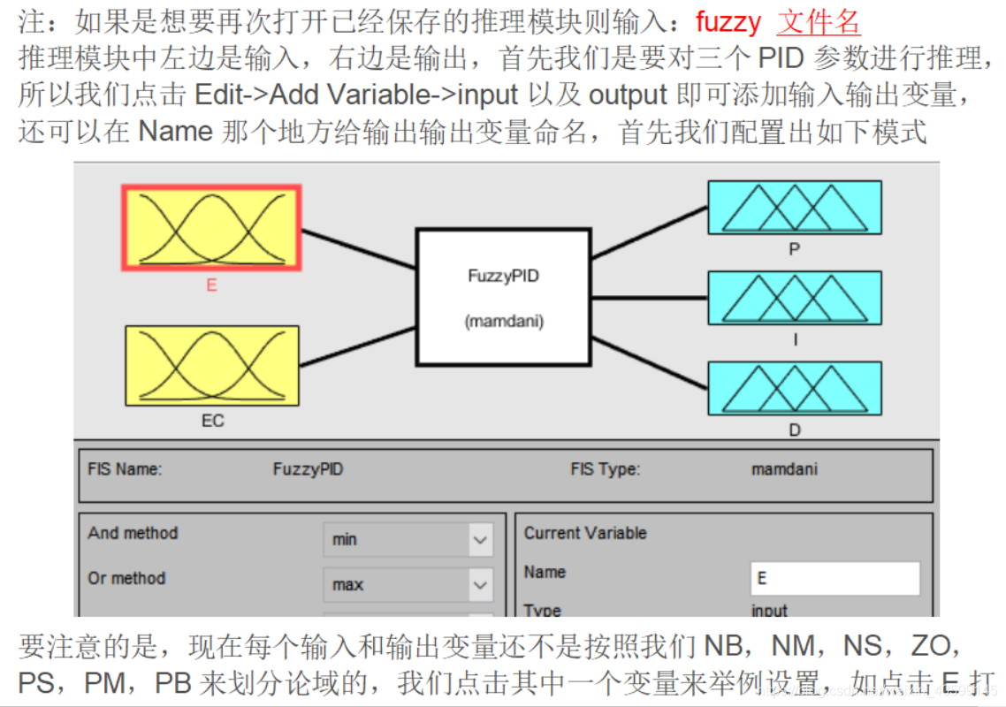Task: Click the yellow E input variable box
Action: tap(211, 227)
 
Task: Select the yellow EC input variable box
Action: tap(212, 366)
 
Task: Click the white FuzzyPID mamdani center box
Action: tap(503, 298)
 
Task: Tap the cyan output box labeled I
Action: tap(794, 299)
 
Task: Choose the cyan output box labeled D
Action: tap(794, 390)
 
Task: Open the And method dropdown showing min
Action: tap(407, 539)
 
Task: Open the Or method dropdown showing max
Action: tap(407, 584)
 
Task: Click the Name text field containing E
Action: tap(835, 579)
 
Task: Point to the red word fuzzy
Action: tap(728, 21)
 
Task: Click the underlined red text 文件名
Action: tap(819, 21)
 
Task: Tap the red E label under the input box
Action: tap(211, 285)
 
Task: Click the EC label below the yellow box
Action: tap(212, 421)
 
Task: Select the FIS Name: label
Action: tap(125, 469)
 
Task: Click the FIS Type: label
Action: tap(605, 469)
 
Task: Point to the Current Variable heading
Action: tap(585, 533)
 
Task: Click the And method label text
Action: tap(133, 533)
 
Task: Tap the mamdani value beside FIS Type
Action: tap(784, 469)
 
